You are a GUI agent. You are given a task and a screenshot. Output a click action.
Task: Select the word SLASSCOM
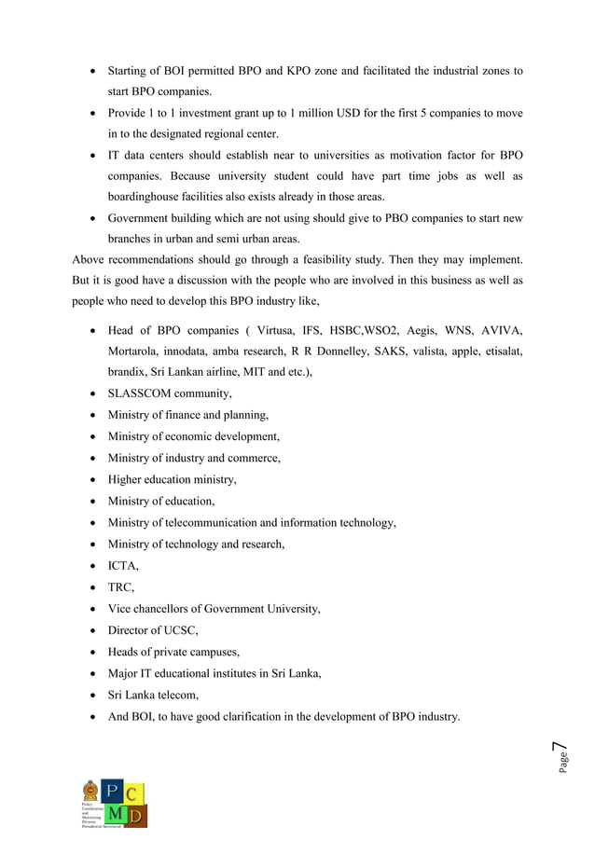pos(144,393)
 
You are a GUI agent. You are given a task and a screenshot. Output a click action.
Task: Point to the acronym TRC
pos(120,586)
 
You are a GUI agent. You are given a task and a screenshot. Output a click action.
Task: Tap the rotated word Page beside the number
pos(562,764)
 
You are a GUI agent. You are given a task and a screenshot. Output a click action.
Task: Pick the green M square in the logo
pos(112,816)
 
